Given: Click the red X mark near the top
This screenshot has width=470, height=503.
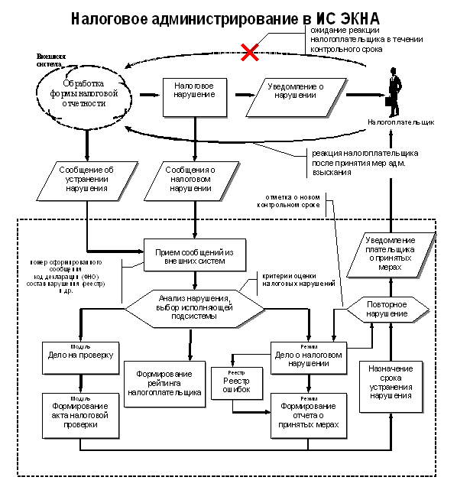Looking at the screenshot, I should (x=249, y=52).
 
